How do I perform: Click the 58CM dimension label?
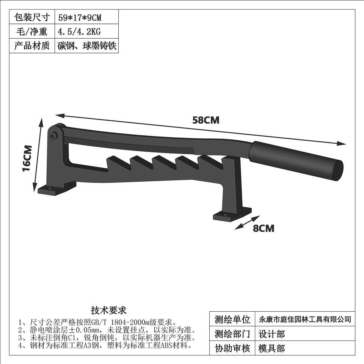click(206, 120)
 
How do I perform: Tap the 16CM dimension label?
click(27, 158)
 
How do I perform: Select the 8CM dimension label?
click(264, 228)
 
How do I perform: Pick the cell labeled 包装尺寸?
click(32, 17)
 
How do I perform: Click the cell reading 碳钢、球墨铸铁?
click(87, 46)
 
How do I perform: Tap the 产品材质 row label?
click(32, 46)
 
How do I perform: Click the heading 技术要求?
click(109, 311)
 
